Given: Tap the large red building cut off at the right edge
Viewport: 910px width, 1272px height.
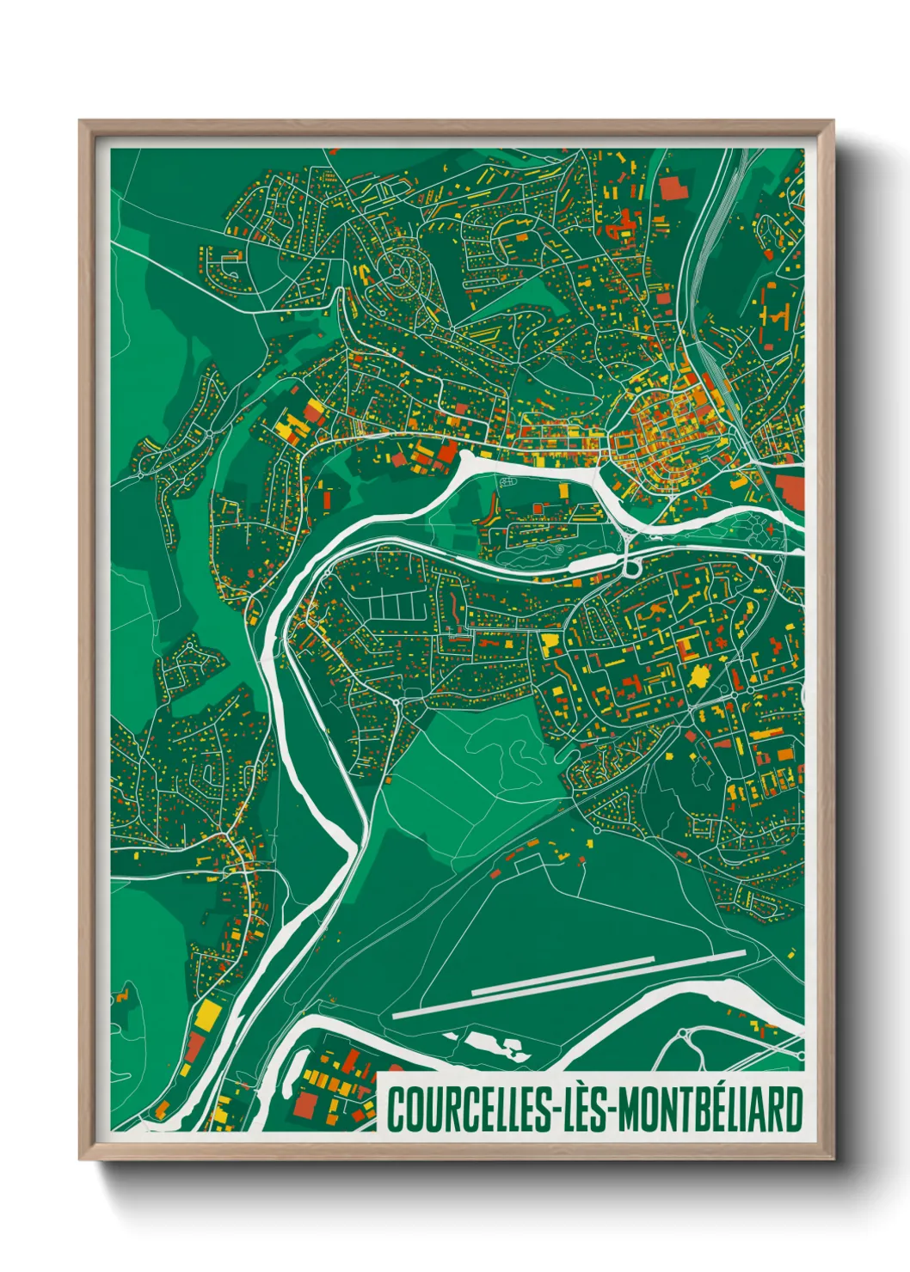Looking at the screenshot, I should pyautogui.click(x=790, y=490).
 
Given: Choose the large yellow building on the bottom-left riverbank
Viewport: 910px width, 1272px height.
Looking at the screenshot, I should pyautogui.click(x=207, y=1014).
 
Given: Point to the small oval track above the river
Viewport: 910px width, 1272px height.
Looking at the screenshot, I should pyautogui.click(x=563, y=547).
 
